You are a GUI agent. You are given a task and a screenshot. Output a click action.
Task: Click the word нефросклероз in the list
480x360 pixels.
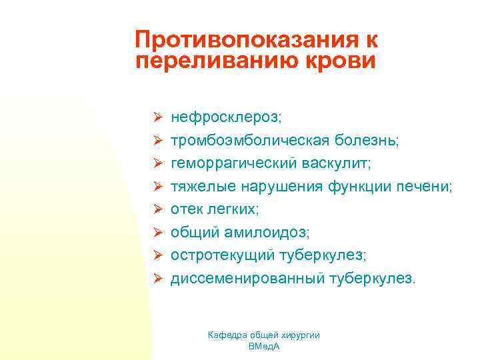pos(225,117)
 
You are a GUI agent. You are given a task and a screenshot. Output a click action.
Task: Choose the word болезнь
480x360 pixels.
pos(364,140)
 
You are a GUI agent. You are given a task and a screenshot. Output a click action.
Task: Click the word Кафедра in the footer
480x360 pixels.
pos(227,335)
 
